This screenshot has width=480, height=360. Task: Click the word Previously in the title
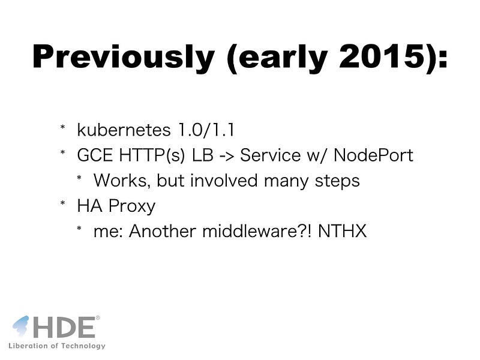(124, 57)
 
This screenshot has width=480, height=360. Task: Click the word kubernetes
(124, 130)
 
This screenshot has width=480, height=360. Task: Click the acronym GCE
(95, 155)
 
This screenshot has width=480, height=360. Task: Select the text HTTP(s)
(152, 155)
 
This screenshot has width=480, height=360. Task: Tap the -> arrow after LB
(227, 155)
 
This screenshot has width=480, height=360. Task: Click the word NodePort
(373, 155)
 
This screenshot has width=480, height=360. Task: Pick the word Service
(271, 155)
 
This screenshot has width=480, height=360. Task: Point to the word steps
(337, 182)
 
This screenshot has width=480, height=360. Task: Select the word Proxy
(132, 206)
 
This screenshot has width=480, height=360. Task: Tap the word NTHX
(342, 231)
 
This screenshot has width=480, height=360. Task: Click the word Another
(162, 231)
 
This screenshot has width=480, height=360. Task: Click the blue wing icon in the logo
(21, 326)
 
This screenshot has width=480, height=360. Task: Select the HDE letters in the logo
(64, 327)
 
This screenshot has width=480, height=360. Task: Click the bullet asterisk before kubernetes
(63, 127)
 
